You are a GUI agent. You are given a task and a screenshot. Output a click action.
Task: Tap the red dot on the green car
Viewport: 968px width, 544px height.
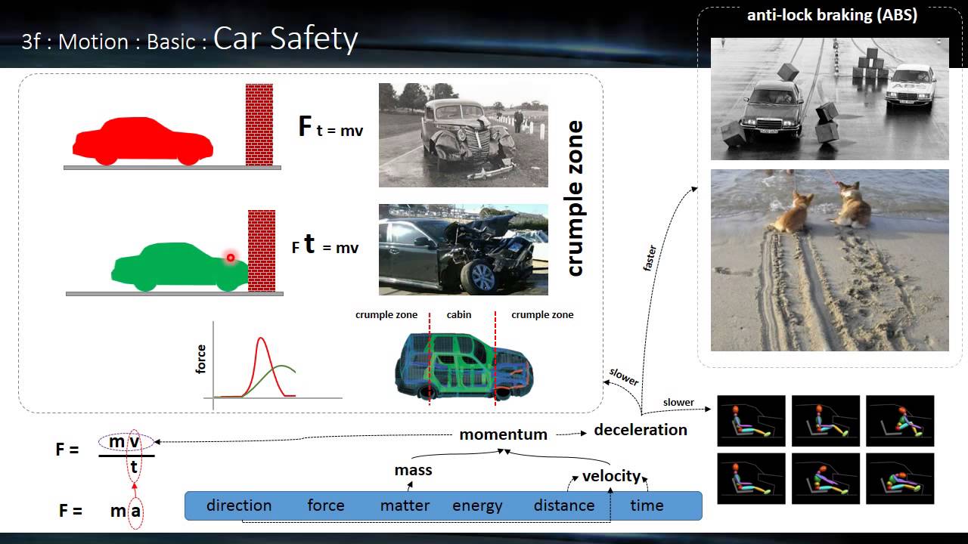click(x=231, y=257)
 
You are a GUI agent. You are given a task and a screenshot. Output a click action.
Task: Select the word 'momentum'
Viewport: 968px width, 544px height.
click(x=503, y=434)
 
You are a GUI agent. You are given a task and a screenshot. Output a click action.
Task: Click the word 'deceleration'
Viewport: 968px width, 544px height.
click(x=641, y=430)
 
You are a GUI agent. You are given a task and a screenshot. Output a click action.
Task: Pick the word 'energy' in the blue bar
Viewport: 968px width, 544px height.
click(x=477, y=506)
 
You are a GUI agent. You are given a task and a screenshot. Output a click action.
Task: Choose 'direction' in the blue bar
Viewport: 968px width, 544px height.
click(x=239, y=505)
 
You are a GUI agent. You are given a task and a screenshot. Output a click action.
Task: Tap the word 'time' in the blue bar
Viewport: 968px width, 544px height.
click(x=647, y=506)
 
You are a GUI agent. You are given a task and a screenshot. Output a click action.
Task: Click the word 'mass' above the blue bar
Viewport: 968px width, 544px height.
click(x=413, y=470)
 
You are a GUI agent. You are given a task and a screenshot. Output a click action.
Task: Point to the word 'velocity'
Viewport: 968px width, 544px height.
click(x=611, y=476)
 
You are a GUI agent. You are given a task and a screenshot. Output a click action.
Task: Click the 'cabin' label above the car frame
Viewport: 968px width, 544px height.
click(x=459, y=315)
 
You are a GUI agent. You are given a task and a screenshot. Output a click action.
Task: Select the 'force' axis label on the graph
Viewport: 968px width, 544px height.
click(x=201, y=359)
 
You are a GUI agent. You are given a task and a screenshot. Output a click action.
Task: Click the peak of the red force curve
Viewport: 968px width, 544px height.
click(x=262, y=338)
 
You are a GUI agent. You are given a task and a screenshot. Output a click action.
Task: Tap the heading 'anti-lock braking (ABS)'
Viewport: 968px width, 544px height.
click(x=832, y=16)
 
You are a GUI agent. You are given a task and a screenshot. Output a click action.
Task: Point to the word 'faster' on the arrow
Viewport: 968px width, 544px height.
click(x=650, y=258)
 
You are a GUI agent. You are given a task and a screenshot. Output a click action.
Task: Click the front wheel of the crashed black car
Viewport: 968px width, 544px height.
click(x=479, y=277)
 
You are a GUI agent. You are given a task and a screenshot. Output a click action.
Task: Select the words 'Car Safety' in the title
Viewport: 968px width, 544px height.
click(x=285, y=39)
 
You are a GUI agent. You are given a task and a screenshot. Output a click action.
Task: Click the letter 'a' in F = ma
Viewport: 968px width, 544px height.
click(x=136, y=511)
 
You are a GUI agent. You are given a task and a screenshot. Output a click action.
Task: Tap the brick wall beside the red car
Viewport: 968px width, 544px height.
click(x=259, y=124)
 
